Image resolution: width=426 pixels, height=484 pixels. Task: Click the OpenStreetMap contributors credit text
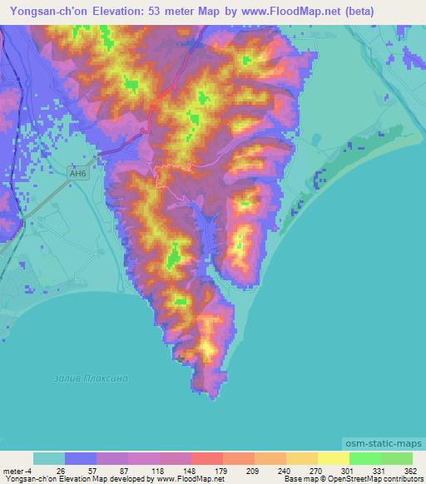(x=374, y=479)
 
